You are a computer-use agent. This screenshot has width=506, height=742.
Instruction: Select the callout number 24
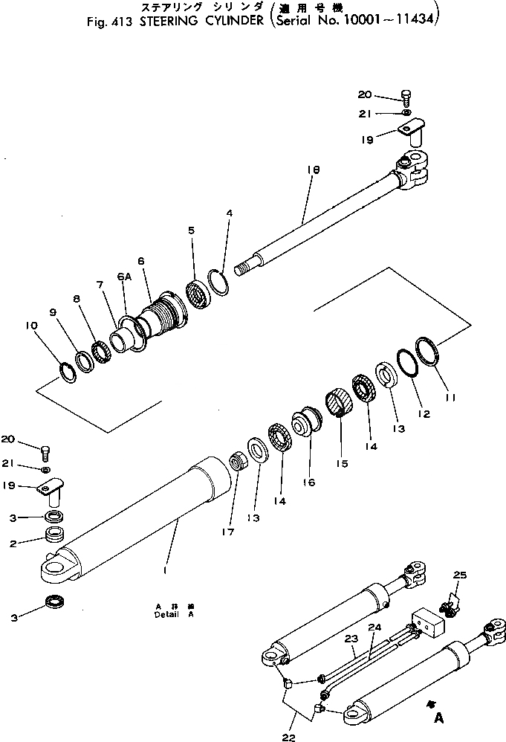[x=374, y=628]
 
